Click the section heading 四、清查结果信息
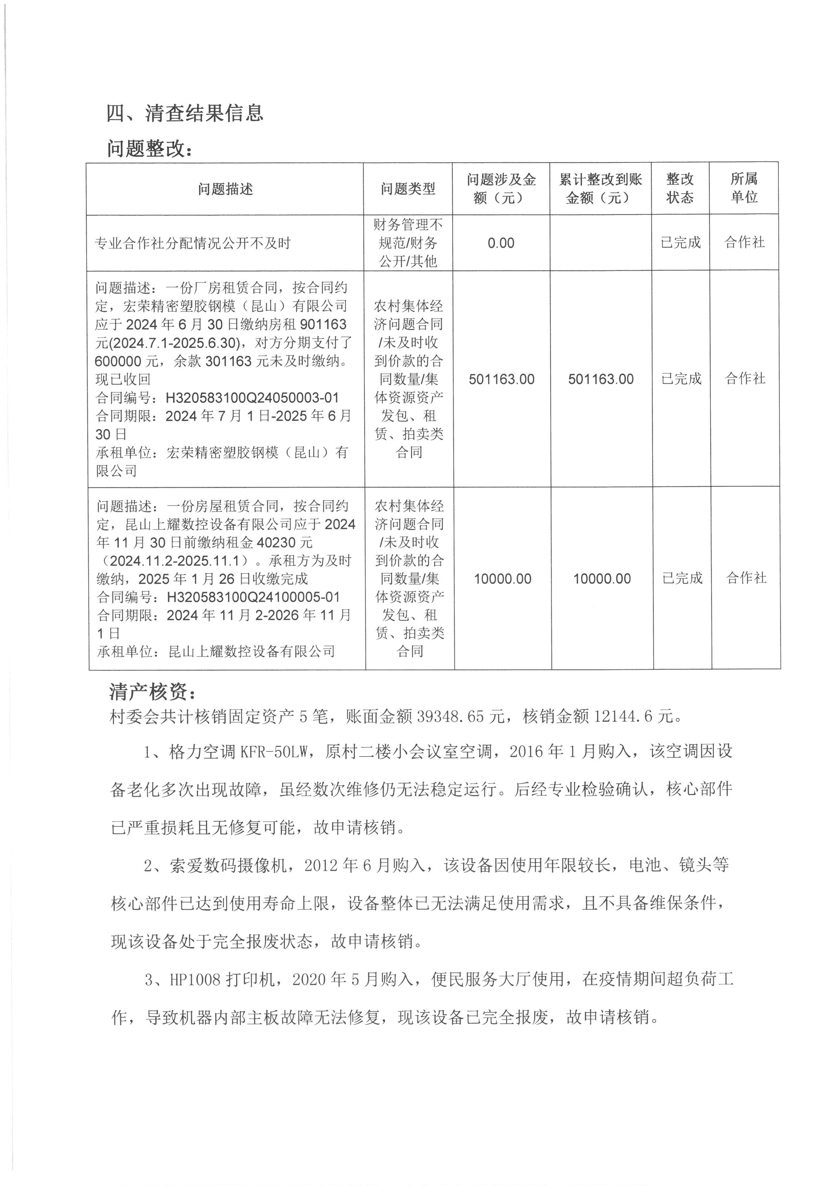pyautogui.click(x=185, y=113)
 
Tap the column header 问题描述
pyautogui.click(x=225, y=189)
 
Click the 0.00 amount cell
pyautogui.click(x=501, y=243)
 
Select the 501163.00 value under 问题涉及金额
pyautogui.click(x=501, y=379)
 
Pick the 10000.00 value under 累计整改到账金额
pyautogui.click(x=602, y=579)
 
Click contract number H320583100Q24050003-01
pyautogui.click(x=252, y=398)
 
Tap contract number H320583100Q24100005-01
pyautogui.click(x=253, y=597)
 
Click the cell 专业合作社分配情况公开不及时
pyautogui.click(x=193, y=243)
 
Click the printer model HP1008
pyautogui.click(x=195, y=979)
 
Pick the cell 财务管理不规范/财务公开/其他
pyautogui.click(x=408, y=243)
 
